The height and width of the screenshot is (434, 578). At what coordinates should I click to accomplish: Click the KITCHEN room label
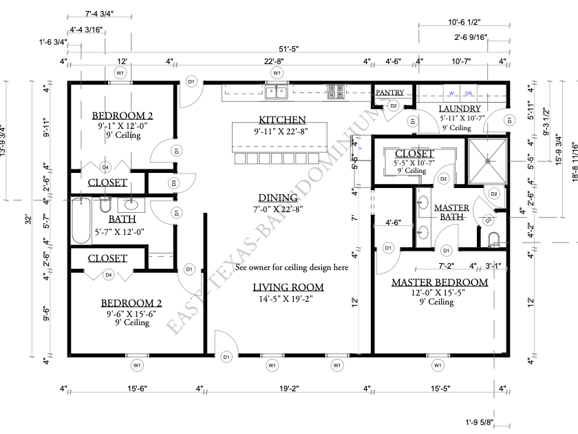pos(282,119)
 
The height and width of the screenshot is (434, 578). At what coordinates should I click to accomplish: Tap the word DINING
pos(282,197)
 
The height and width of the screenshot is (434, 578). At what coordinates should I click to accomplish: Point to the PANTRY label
pos(389,92)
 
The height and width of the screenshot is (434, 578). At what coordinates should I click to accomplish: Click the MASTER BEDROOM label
pos(439,282)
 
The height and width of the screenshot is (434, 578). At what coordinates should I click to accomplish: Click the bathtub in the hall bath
pos(81,220)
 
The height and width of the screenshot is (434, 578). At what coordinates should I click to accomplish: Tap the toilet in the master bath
pos(492,239)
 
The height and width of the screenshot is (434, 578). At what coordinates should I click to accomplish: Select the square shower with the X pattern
pos(488,161)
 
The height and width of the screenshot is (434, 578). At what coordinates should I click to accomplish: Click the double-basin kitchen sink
pos(277,91)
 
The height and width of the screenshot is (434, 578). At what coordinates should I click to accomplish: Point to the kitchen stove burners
pos(336,90)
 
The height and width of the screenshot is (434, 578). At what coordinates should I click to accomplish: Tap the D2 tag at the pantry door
pos(394,105)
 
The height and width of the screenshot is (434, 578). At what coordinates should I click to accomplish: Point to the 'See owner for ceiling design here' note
pos(291,267)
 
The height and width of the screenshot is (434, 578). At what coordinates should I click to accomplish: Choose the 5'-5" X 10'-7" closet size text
pos(414,163)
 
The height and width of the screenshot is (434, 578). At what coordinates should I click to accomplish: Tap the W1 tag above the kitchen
pos(277,72)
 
